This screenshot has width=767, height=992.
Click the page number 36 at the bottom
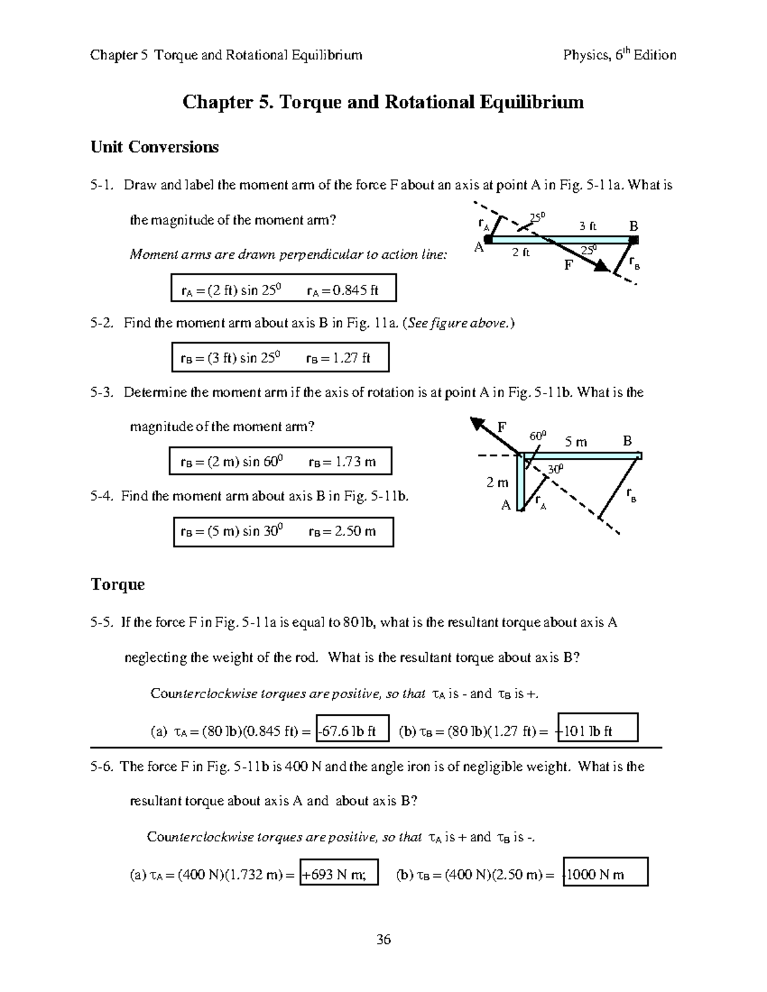click(383, 939)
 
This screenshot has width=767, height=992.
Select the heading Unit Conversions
click(155, 147)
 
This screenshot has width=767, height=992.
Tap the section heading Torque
click(118, 584)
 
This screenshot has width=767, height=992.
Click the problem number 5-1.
click(102, 185)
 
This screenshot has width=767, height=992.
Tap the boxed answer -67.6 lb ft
click(352, 731)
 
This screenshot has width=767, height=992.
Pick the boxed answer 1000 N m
click(605, 874)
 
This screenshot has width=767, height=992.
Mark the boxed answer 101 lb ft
click(597, 731)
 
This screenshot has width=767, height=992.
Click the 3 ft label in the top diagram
click(587, 225)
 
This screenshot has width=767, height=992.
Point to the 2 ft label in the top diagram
click(521, 252)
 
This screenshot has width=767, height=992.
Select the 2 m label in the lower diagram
click(497, 483)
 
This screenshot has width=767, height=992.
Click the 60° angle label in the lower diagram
click(538, 436)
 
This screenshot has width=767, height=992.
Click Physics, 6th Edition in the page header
click(619, 55)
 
